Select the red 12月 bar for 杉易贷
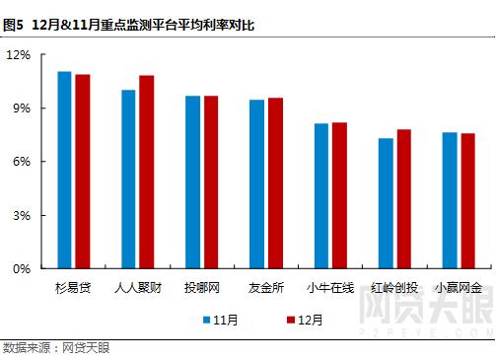tap(82, 171)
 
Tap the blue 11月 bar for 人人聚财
tap(128, 179)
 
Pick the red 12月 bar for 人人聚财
tap(146, 172)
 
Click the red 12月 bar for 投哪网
tap(211, 181)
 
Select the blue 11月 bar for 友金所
tap(256, 183)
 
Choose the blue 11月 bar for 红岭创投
tap(386, 203)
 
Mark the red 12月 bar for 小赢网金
tap(467, 200)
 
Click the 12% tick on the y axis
tap(20, 54)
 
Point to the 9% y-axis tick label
tap(23, 108)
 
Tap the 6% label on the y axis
tap(23, 161)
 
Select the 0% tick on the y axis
tap(23, 268)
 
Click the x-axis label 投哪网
tap(202, 288)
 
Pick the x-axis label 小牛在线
tap(330, 288)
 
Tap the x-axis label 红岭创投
tap(394, 288)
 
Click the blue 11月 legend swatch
tap(207, 320)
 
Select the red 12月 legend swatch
tap(290, 320)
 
